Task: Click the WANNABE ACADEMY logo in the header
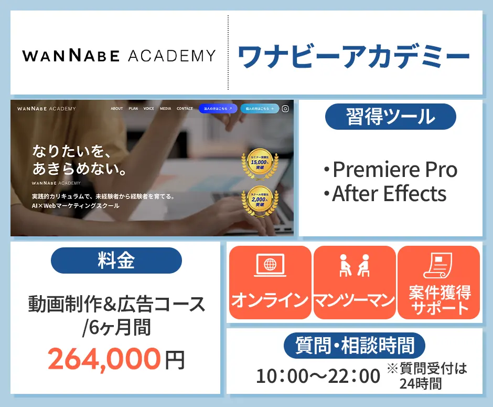119,56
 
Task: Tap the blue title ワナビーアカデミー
353,57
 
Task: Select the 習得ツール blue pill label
391,117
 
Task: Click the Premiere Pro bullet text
390,170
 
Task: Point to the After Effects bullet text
389,194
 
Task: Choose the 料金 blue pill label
116,260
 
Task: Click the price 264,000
104,359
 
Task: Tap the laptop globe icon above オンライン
269,266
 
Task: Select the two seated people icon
355,266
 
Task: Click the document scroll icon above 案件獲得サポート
438,266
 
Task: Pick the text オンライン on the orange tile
269,300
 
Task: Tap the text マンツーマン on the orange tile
355,300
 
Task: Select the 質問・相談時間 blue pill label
355,346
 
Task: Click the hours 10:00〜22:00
318,376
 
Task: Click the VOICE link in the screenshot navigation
149,109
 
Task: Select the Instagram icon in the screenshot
285,109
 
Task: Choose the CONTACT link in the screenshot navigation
185,109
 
